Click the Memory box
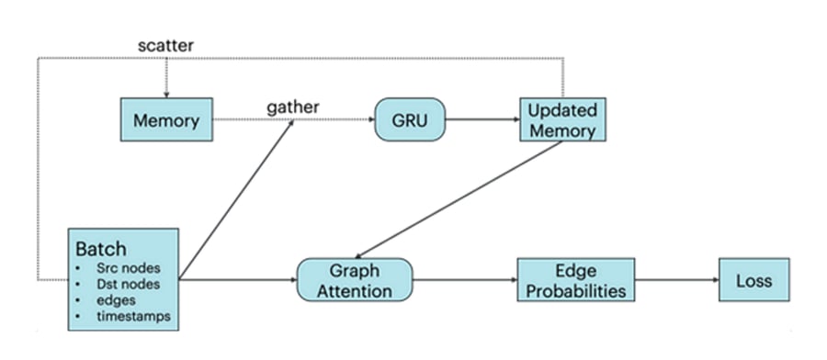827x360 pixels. pyautogui.click(x=166, y=120)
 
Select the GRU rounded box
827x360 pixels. pyautogui.click(x=409, y=119)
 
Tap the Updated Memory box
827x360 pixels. pyautogui.click(x=561, y=119)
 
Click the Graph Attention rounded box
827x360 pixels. pyautogui.click(x=354, y=280)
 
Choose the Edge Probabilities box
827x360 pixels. pyautogui.click(x=576, y=279)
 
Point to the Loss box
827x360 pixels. pyautogui.click(x=753, y=279)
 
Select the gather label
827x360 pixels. pyautogui.click(x=292, y=107)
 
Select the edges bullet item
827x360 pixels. pyautogui.click(x=117, y=299)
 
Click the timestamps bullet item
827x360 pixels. pyautogui.click(x=132, y=316)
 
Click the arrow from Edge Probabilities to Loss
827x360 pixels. pyautogui.click(x=677, y=279)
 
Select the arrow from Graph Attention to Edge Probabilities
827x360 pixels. pyautogui.click(x=464, y=279)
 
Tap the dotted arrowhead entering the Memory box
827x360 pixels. pyautogui.click(x=166, y=90)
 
